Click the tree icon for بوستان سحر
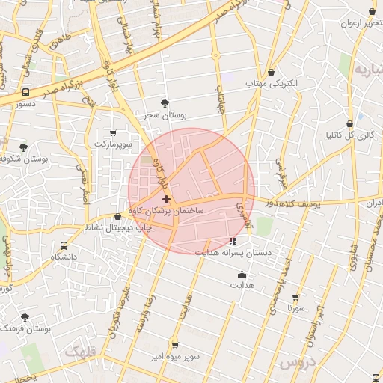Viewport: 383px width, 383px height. (165, 103)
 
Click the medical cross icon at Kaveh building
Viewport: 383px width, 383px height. (166, 199)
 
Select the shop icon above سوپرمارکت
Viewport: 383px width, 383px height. (113, 132)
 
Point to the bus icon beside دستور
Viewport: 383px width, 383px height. (26, 93)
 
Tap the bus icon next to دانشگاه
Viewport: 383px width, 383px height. (64, 245)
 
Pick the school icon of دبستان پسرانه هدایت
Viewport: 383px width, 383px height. (233, 241)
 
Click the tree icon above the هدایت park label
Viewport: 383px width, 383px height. (242, 273)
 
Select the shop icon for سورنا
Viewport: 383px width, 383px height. (295, 297)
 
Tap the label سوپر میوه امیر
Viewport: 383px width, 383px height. (174, 357)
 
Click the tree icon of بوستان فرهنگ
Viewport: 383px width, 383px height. (25, 317)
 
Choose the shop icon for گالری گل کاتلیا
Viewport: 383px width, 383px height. (350, 123)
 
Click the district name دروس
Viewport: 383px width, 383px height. (298, 364)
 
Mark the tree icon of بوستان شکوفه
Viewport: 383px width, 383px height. (23, 147)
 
